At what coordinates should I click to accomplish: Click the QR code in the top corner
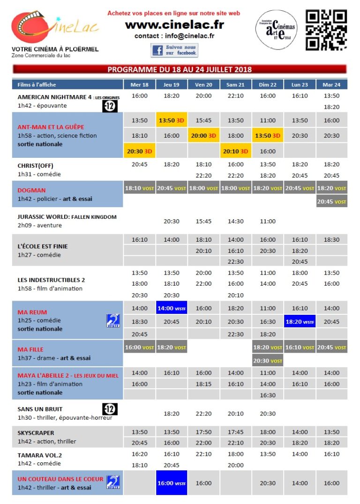[326, 30]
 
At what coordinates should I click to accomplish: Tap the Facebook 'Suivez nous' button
[174, 50]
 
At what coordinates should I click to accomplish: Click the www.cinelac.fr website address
[174, 25]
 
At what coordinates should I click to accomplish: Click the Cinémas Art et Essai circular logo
[277, 29]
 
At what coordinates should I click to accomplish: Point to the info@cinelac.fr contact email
[174, 36]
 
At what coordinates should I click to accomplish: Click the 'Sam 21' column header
[235, 85]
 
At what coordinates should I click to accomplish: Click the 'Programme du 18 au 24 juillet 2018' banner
[180, 69]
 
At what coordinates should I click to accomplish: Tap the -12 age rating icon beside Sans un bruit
[110, 409]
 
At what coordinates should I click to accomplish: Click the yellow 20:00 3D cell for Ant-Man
[203, 136]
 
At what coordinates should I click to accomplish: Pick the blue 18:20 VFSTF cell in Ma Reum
[300, 322]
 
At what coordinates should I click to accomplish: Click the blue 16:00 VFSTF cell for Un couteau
[172, 483]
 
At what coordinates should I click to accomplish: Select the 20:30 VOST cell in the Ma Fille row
[268, 361]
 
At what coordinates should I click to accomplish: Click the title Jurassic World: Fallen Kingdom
[67, 217]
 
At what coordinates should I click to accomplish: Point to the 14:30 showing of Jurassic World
[235, 221]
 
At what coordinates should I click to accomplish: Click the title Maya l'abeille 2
[68, 375]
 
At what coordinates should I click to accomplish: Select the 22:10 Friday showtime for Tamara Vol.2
[203, 454]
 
